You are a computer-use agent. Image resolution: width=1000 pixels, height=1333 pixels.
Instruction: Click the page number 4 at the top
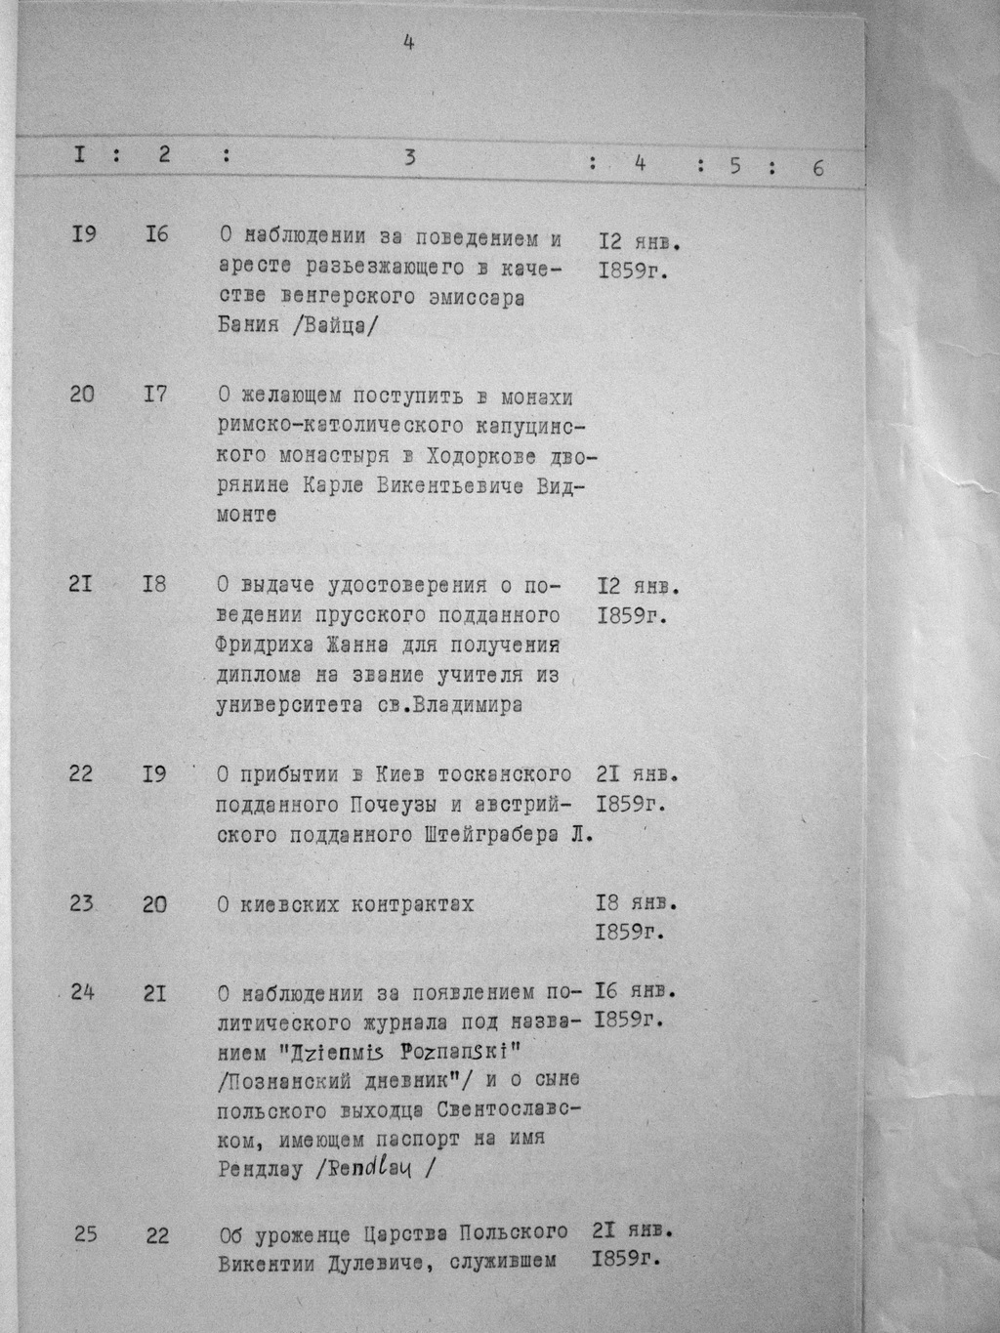pos(409,42)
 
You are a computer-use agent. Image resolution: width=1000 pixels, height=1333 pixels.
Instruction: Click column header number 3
pos(411,157)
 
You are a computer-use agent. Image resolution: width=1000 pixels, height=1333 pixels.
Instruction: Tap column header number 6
pos(817,167)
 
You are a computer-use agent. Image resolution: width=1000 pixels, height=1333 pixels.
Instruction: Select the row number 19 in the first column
pos(84,234)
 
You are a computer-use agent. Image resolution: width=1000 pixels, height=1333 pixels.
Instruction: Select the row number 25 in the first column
pos(85,1234)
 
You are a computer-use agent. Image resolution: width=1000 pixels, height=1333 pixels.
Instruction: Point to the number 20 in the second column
pos(154,904)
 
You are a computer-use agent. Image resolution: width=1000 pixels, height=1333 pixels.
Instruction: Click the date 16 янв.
pos(636,992)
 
